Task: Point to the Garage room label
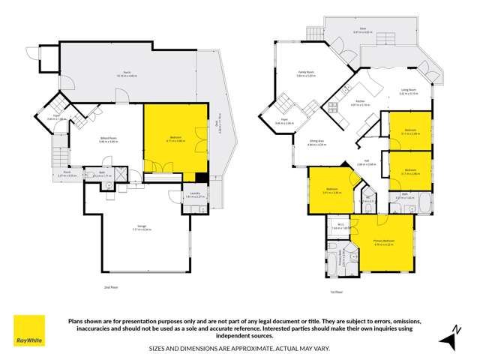[x=141, y=227]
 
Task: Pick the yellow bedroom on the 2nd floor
[x=175, y=139]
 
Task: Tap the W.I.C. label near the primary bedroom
[x=340, y=224]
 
